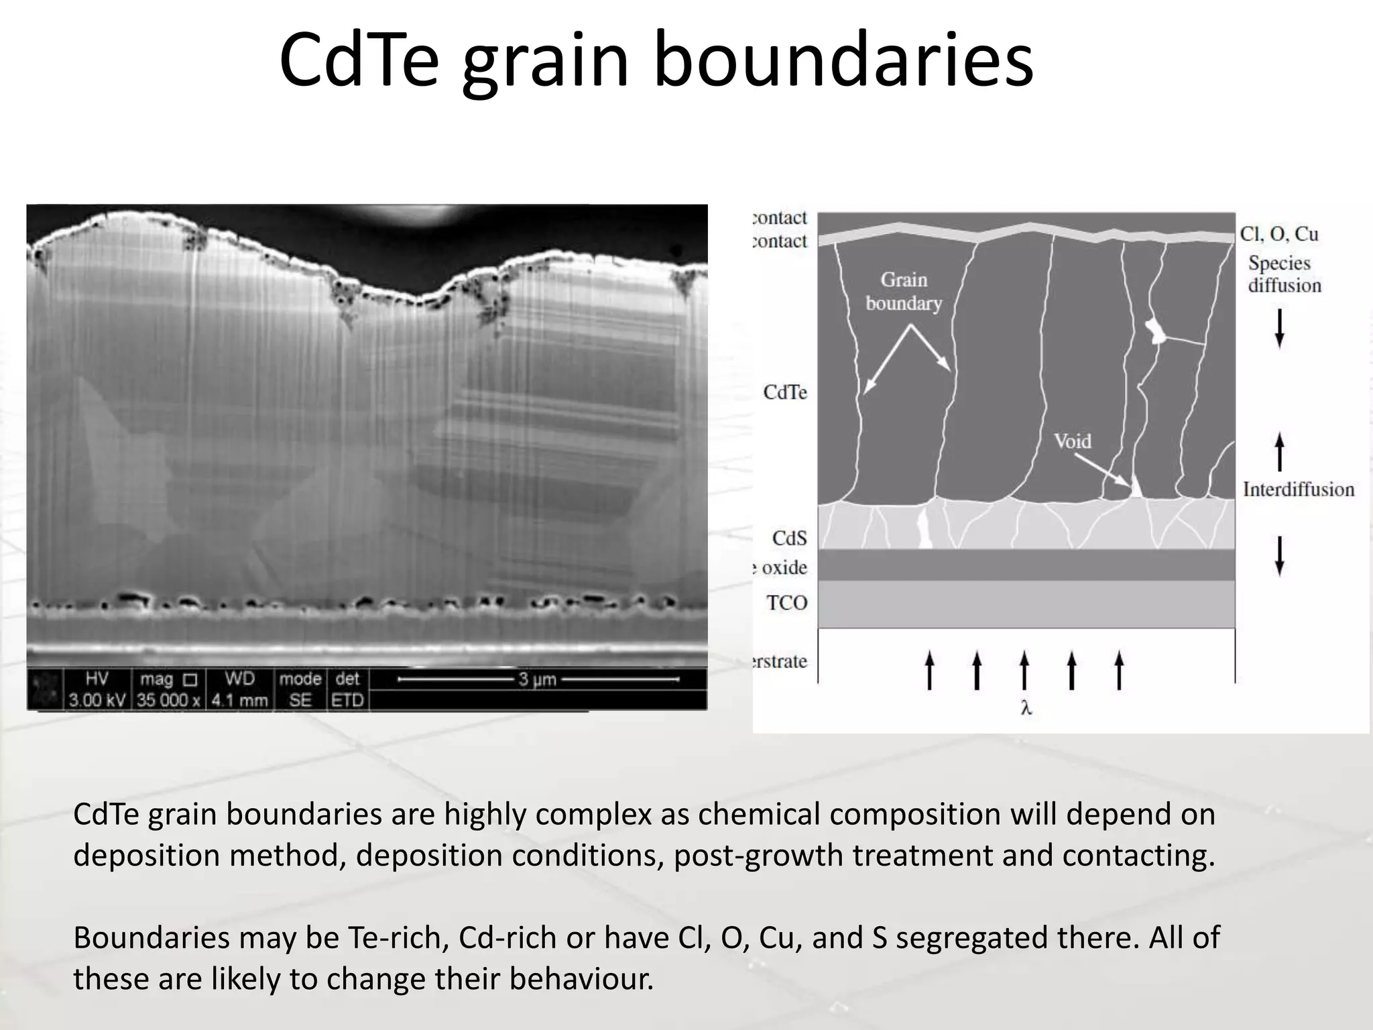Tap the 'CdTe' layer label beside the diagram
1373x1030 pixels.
click(x=785, y=392)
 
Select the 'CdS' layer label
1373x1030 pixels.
click(x=789, y=538)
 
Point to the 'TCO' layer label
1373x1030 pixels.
click(x=787, y=603)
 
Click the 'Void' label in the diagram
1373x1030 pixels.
click(x=1072, y=441)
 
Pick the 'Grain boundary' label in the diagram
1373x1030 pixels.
click(x=904, y=291)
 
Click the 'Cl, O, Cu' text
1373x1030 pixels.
click(x=1279, y=234)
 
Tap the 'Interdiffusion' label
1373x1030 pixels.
click(x=1299, y=490)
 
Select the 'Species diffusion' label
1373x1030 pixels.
click(x=1284, y=274)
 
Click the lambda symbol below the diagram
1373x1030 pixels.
click(x=1026, y=708)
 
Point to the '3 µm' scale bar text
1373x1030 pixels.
click(x=537, y=679)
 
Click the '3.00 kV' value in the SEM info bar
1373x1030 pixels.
click(x=97, y=701)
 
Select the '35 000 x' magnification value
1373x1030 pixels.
click(x=169, y=701)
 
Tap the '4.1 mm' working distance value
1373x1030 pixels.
click(x=239, y=701)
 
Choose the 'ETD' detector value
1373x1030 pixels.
click(x=347, y=701)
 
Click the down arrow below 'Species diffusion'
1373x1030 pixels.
click(x=1279, y=328)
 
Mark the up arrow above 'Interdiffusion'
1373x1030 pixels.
click(x=1279, y=451)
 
